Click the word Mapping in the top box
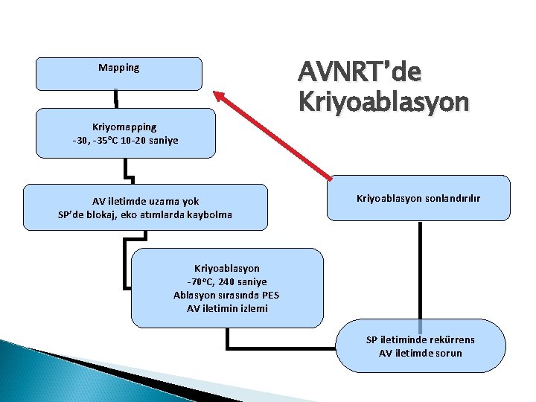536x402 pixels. (x=119, y=68)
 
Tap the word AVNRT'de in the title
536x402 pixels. (x=360, y=73)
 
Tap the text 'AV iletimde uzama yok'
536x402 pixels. (x=145, y=201)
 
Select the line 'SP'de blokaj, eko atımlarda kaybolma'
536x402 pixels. (x=145, y=215)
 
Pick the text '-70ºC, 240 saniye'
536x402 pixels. (x=227, y=281)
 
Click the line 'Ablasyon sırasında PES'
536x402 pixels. (x=227, y=295)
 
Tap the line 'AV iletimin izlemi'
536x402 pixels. (x=227, y=308)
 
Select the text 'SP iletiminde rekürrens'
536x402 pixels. (x=420, y=339)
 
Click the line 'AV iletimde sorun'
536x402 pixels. (x=420, y=353)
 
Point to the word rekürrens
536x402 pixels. (x=450, y=339)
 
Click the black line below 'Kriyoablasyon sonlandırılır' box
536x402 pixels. (x=420, y=269)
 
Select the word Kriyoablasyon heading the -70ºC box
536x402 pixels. (x=227, y=267)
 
